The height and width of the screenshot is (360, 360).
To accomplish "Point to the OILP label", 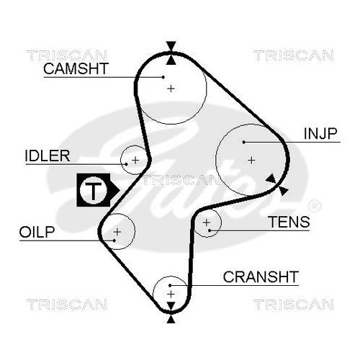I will coord(37,231).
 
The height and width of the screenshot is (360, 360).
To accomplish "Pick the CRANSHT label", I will coord(260,276).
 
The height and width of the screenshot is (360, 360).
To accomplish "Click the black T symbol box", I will coord(93,190).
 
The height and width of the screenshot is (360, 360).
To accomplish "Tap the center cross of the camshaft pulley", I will coord(171,88).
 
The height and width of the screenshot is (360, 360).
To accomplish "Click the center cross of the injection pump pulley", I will coord(251,159).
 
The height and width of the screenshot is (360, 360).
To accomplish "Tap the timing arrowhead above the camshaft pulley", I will coord(171,48).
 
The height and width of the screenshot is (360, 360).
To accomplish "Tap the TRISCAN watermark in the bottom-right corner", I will coord(293,304).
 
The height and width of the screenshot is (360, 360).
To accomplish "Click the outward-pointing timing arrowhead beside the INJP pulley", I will coord(283,189).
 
